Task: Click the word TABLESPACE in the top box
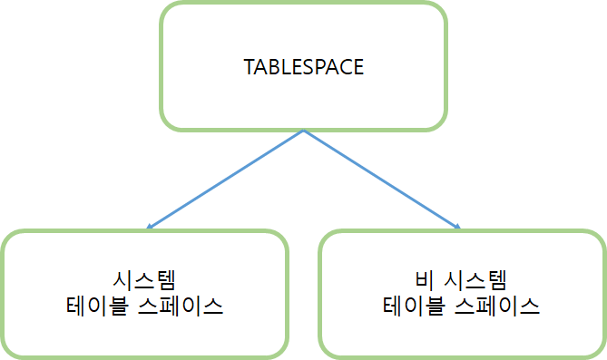pos(304,68)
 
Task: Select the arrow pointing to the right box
pos(381,179)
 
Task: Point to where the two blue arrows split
pos(304,131)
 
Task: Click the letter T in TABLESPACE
pos(250,68)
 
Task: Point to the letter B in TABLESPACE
pos(272,68)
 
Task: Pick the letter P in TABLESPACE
pos(318,68)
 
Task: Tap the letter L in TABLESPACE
pos(283,68)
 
